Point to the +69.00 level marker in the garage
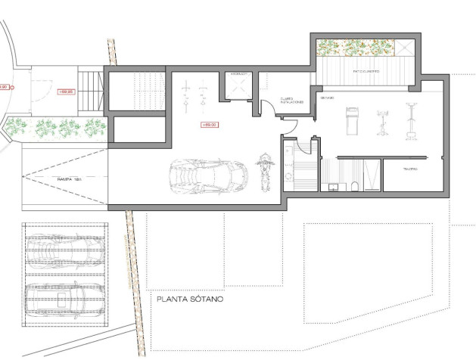click(x=210, y=124)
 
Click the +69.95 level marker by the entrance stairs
click(x=66, y=92)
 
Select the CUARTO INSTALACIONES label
click(x=291, y=100)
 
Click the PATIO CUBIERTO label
click(x=366, y=72)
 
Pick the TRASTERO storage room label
click(x=410, y=169)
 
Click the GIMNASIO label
click(x=327, y=99)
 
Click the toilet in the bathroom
click(x=355, y=186)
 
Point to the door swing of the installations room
click(x=269, y=110)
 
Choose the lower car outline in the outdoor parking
click(x=64, y=299)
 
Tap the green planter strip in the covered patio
click(x=356, y=47)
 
